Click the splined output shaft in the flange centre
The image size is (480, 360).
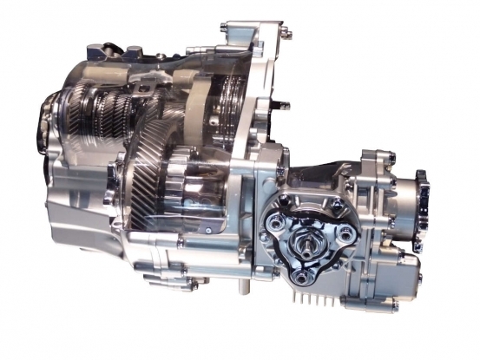pyautogui.click(x=311, y=236)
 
